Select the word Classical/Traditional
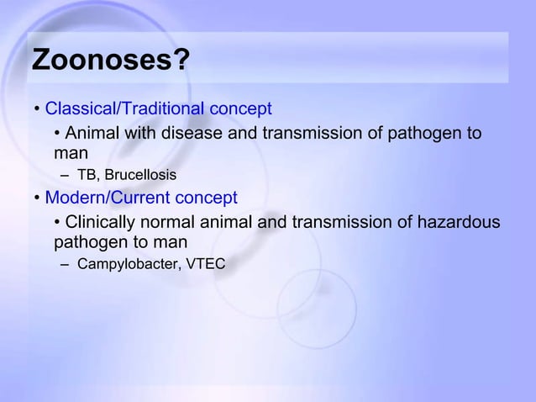click(124, 109)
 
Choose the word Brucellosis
click(140, 176)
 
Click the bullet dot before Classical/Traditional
click(38, 110)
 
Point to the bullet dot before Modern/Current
click(38, 199)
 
